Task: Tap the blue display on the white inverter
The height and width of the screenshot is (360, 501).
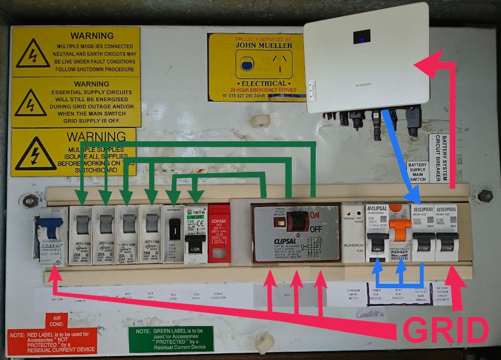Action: tap(362, 37)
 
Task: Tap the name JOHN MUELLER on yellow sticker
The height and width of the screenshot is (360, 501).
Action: tap(256, 47)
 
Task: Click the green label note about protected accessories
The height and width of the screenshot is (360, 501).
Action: tap(171, 339)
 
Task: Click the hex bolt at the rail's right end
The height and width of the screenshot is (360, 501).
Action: tap(485, 196)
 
